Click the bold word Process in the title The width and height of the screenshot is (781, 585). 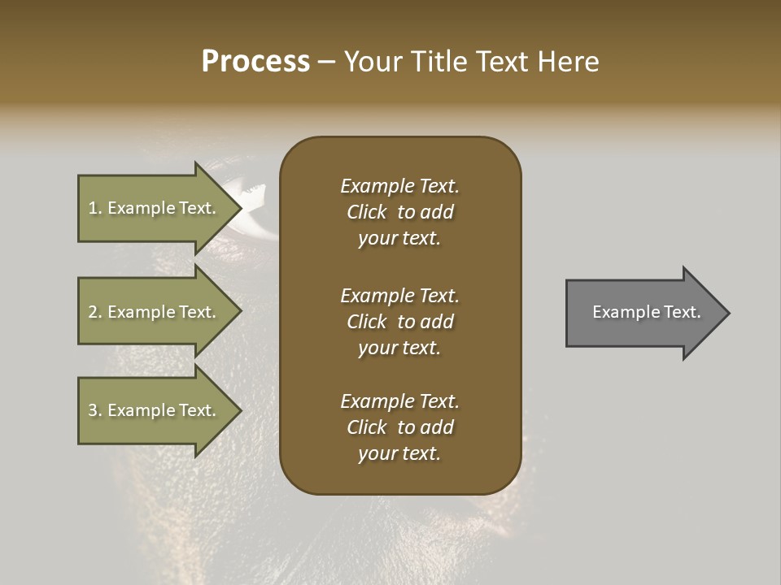[255, 62]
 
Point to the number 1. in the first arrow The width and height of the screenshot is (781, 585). [95, 208]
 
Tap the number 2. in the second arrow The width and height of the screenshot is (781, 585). [95, 312]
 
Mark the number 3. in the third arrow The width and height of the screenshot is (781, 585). [95, 410]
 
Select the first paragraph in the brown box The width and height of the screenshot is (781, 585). [399, 212]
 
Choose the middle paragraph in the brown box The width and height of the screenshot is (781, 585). [399, 322]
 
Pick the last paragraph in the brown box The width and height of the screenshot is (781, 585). [399, 427]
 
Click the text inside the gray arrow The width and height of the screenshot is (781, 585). [646, 312]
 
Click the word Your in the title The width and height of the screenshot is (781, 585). [372, 62]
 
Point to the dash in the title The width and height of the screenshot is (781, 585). [326, 63]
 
